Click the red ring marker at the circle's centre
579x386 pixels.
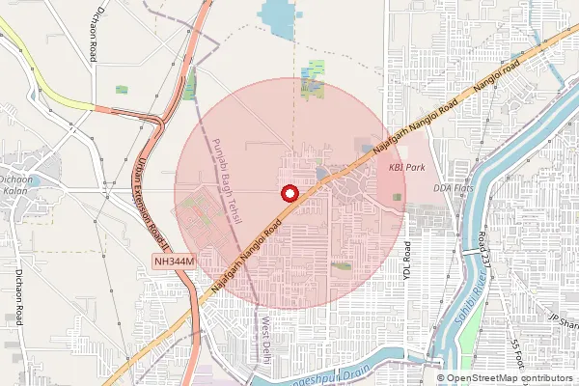pyautogui.click(x=288, y=193)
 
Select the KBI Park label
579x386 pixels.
pyautogui.click(x=406, y=167)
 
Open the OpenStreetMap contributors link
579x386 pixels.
pyautogui.click(x=510, y=378)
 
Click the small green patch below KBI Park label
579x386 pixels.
pyautogui.click(x=397, y=197)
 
